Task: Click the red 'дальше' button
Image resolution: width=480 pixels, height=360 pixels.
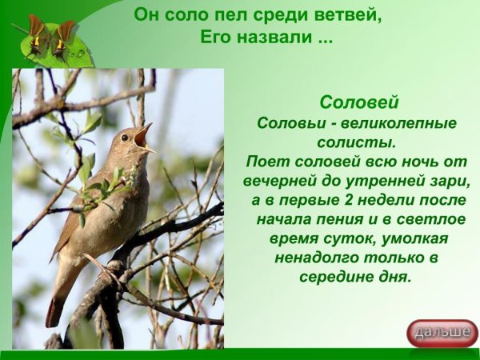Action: click(x=442, y=332)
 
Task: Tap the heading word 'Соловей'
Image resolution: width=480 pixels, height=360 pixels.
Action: click(x=358, y=102)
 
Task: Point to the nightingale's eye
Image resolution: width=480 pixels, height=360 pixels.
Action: click(x=126, y=137)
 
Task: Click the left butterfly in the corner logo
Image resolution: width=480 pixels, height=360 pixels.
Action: click(x=37, y=34)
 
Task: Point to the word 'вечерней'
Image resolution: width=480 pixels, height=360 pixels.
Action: click(x=286, y=181)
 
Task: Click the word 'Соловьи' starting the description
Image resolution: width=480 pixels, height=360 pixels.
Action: click(x=288, y=123)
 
